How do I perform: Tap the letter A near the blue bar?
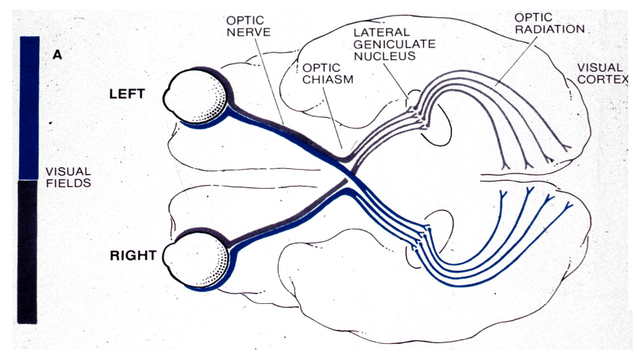pos(57,55)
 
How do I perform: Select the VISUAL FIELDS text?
pos(68,176)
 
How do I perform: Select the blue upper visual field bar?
pos(29,107)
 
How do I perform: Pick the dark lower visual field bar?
pos(27,251)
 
